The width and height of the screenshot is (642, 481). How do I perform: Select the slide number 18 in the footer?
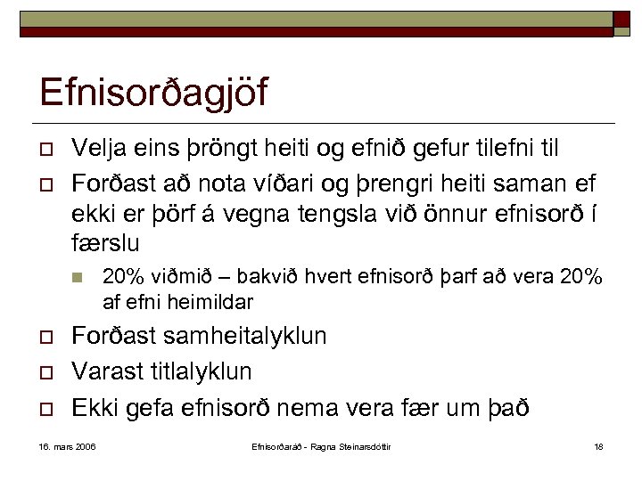(x=597, y=446)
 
